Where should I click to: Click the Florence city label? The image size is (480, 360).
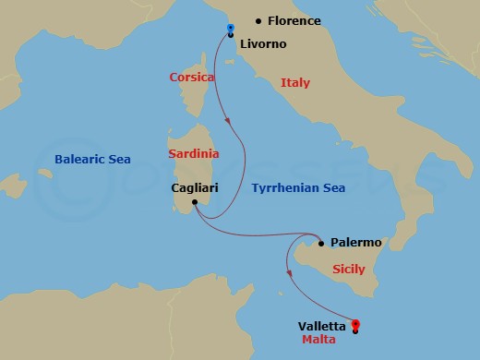tap(295, 20)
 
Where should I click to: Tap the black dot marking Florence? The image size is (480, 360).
tap(258, 20)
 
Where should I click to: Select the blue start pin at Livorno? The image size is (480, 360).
tap(230, 30)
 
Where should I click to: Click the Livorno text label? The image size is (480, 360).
tap(263, 43)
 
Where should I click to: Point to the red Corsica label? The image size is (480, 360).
tap(192, 78)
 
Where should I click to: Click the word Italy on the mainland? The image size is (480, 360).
tap(295, 82)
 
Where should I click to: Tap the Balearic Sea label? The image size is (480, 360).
tap(91, 159)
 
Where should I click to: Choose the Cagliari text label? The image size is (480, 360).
tap(195, 187)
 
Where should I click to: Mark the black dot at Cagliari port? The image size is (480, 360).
tap(195, 201)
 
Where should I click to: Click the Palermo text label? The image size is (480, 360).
tap(355, 243)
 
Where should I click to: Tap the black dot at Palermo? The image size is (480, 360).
tap(321, 244)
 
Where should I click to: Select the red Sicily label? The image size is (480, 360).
tap(348, 270)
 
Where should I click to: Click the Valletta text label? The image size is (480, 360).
tap(322, 326)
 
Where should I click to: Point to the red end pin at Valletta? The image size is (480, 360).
tap(356, 325)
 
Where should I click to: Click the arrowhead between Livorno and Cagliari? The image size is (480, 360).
tap(229, 118)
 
